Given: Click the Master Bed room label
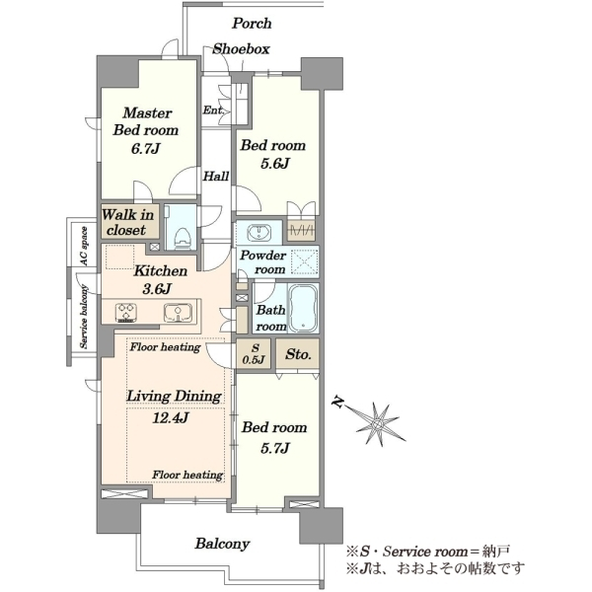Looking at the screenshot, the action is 146,121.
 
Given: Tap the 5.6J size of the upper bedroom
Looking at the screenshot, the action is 274,164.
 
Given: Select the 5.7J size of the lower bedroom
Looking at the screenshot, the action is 275,448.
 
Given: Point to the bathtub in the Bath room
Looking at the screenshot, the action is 303,308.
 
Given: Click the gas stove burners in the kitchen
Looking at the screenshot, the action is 126,313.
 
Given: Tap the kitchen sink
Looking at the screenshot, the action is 178,312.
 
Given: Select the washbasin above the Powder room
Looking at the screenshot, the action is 259,232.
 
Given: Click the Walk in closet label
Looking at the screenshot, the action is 127,222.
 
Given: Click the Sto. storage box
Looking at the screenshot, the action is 298,354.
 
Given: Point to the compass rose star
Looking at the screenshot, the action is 377,422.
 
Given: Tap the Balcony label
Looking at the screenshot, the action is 222,544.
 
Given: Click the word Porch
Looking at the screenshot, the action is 252,24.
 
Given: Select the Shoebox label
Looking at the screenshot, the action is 241,49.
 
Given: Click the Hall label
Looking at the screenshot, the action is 216,177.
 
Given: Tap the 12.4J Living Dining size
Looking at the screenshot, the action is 170,418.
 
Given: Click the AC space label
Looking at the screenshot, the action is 84,246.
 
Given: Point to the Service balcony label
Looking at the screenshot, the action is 84,317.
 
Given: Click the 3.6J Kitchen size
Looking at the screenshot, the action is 157,289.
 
